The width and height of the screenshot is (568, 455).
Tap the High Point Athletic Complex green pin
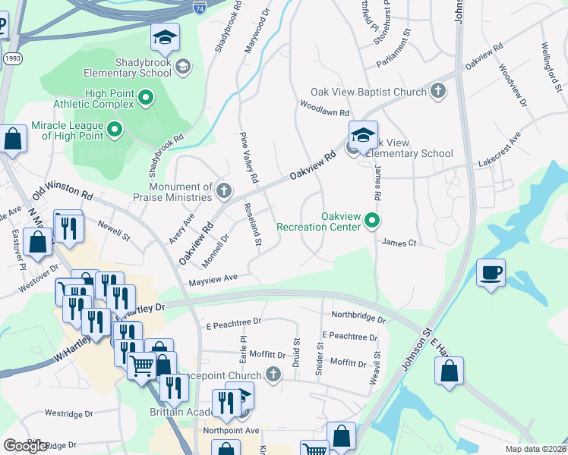coord(147,98)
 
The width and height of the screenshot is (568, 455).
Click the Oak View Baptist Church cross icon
coord(437,92)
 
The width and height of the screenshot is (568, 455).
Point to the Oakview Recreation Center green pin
coord(372,221)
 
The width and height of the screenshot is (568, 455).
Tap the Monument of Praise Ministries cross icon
coord(223,191)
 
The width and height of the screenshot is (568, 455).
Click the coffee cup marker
coord(491,272)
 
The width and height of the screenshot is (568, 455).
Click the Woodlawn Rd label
coord(323,108)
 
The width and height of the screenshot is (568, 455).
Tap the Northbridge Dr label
coord(358,316)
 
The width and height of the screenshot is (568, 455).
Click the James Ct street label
coord(399,243)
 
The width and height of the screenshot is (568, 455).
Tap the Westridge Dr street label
coord(68,414)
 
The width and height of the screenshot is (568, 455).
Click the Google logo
coord(26,446)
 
